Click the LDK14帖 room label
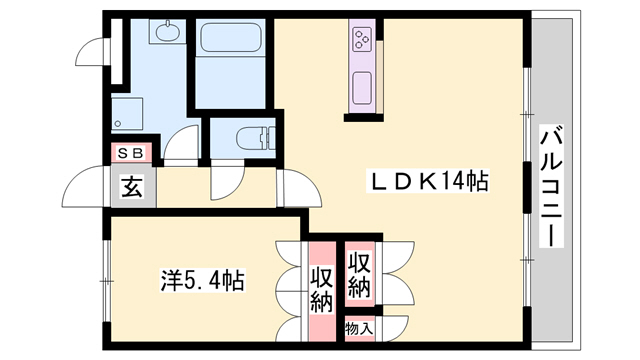pos(429,183)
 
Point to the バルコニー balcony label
pos(552,189)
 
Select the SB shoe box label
pos(131,153)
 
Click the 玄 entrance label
pos(131,186)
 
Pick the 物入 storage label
pos(358,328)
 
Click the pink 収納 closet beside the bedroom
pos(321,290)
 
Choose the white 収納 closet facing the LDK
pos(360,274)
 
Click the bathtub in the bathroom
pos(232,41)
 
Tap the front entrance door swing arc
pos(84,185)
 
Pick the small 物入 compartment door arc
pos(392,328)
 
